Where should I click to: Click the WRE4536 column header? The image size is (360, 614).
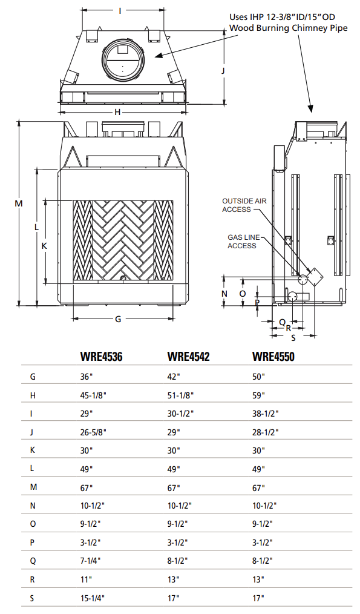(101, 357)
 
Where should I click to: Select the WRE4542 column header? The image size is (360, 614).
(188, 357)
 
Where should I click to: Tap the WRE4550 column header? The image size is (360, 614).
(273, 357)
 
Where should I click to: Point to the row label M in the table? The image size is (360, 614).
(33, 487)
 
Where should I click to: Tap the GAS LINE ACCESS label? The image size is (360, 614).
(241, 242)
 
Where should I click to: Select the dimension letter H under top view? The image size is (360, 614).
(118, 112)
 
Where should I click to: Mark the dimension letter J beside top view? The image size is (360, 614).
(223, 71)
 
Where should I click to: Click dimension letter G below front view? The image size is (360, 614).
(118, 319)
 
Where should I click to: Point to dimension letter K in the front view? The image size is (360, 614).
(44, 246)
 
